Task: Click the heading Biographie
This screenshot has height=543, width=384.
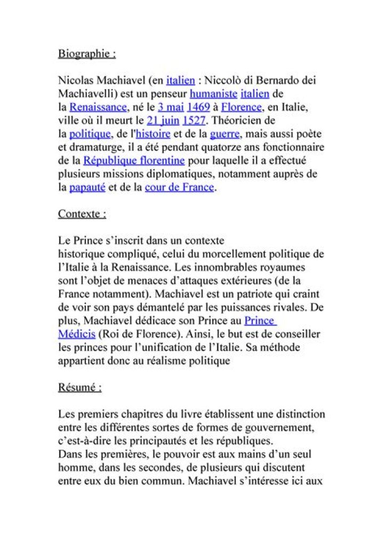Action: pyautogui.click(x=87, y=54)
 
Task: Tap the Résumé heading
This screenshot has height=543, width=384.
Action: pyautogui.click(x=79, y=387)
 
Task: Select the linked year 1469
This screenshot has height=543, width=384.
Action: pyautogui.click(x=198, y=107)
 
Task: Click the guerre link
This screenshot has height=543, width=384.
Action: pyautogui.click(x=225, y=134)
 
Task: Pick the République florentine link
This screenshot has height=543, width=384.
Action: pyautogui.click(x=134, y=161)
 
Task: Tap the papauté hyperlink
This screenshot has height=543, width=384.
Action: pyautogui.click(x=87, y=187)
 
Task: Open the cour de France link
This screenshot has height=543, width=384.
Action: pyautogui.click(x=179, y=187)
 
